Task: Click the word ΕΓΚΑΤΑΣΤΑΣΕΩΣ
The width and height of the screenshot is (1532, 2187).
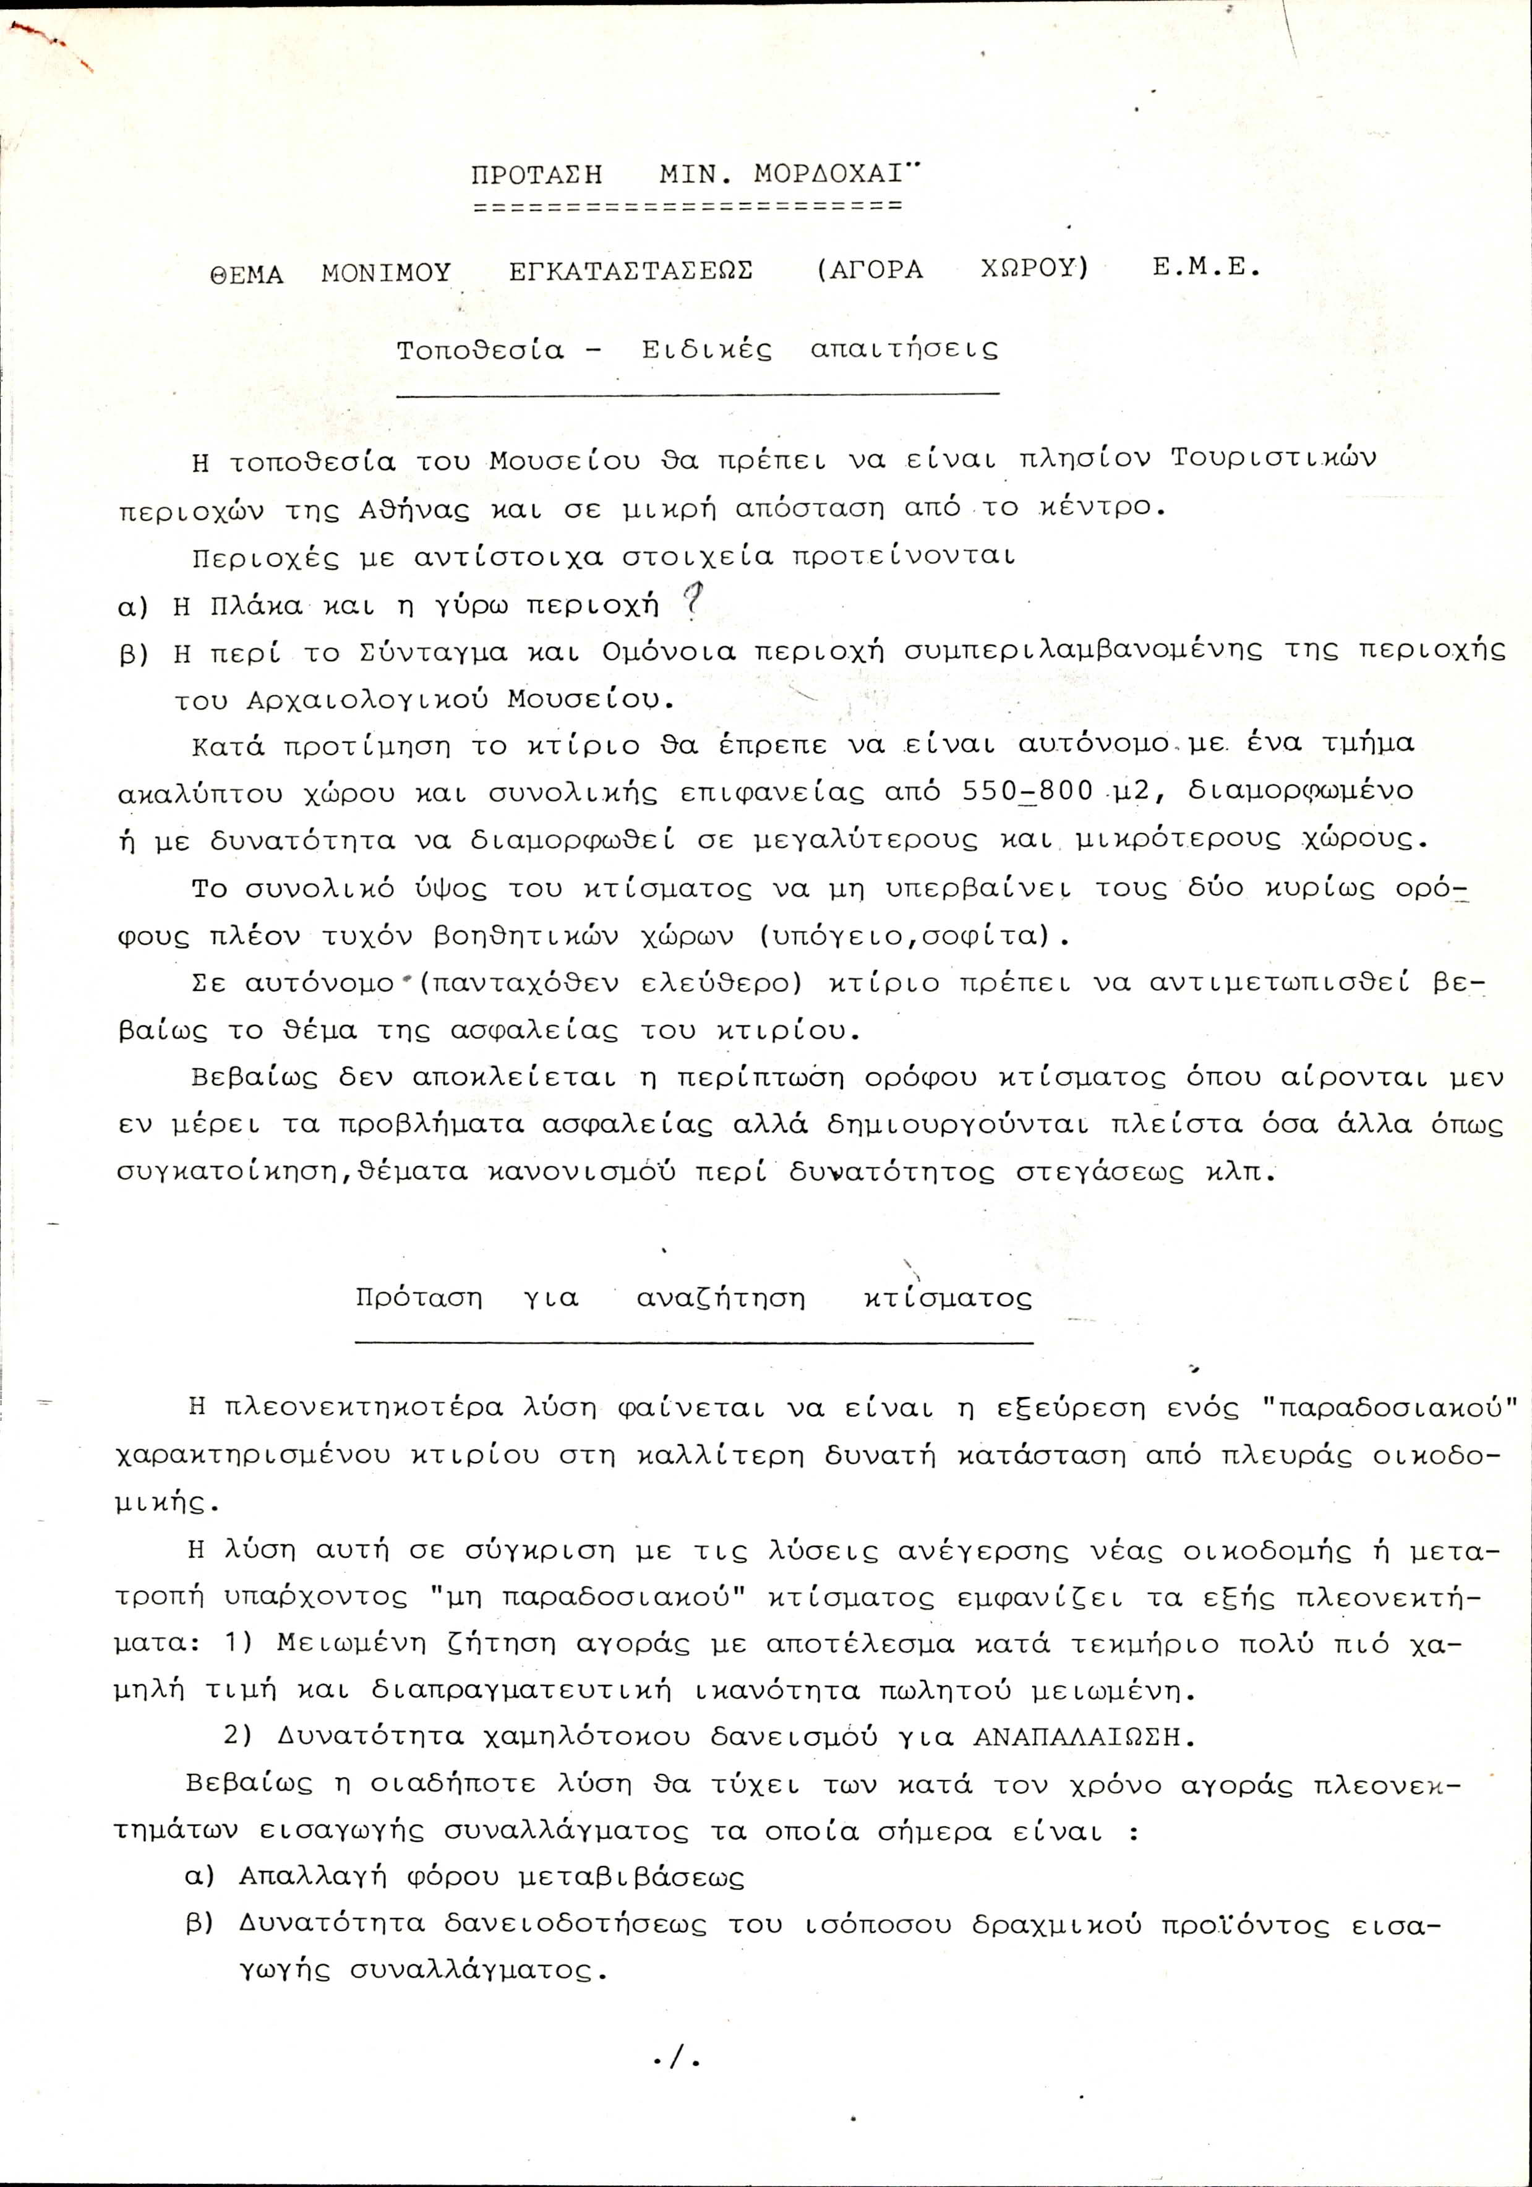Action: pyautogui.click(x=631, y=270)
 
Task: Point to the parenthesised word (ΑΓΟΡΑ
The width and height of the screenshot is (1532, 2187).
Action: pyautogui.click(x=870, y=270)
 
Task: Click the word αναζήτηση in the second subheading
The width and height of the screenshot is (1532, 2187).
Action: pyautogui.click(x=721, y=1298)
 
